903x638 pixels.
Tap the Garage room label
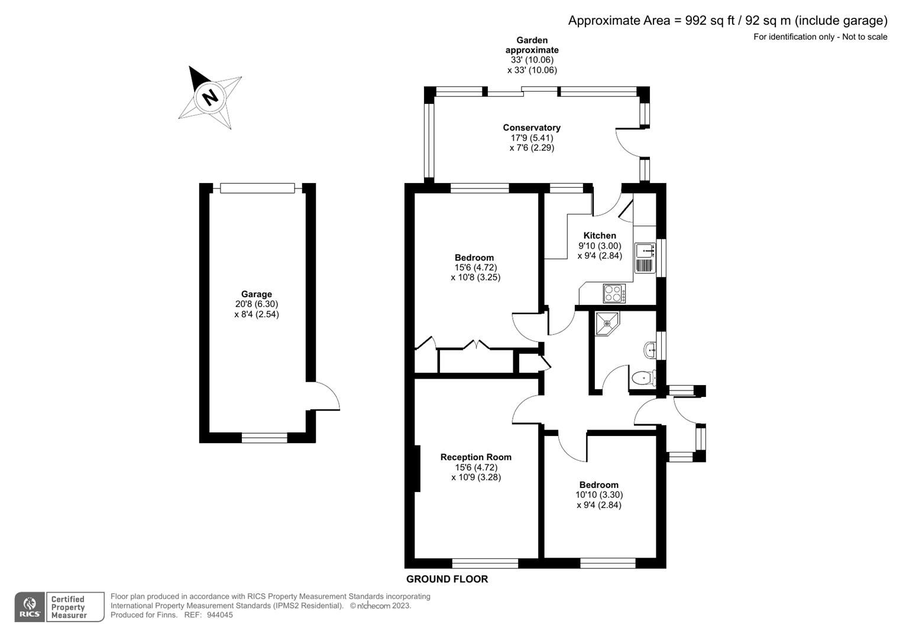coord(256,294)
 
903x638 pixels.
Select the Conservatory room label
coord(531,128)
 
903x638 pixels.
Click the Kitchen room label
coord(600,236)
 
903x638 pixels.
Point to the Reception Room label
coord(475,457)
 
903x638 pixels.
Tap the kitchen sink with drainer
coord(645,258)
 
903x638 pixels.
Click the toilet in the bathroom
coord(643,377)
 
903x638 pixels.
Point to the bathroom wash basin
coord(650,350)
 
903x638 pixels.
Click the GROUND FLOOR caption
coord(447,580)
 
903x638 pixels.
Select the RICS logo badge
coord(30,607)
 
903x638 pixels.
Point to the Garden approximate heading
coord(532,45)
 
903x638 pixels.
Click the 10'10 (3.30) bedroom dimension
coord(598,495)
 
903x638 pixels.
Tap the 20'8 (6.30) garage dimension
coord(256,304)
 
